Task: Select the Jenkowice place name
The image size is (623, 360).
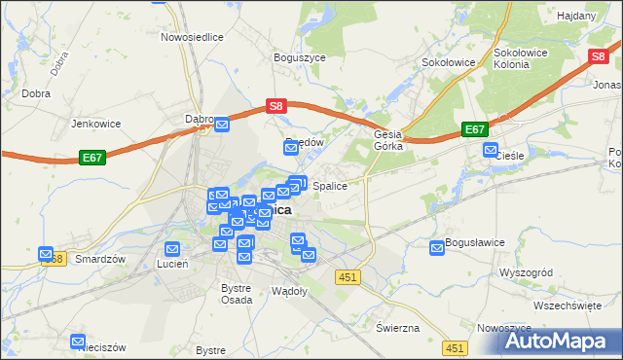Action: coord(94,124)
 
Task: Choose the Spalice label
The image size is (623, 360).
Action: coord(330,184)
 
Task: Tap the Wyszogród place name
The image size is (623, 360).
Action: coord(526,272)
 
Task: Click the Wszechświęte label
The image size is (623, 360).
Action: coord(568,306)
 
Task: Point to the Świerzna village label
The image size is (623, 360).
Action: coord(397,327)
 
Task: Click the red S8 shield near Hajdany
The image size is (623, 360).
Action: coord(599,57)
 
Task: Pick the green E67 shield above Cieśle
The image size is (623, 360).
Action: coord(474,128)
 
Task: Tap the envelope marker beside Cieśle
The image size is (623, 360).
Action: coord(492,151)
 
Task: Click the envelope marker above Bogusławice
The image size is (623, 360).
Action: coord(437,248)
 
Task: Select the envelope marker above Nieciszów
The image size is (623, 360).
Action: coord(78,342)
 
